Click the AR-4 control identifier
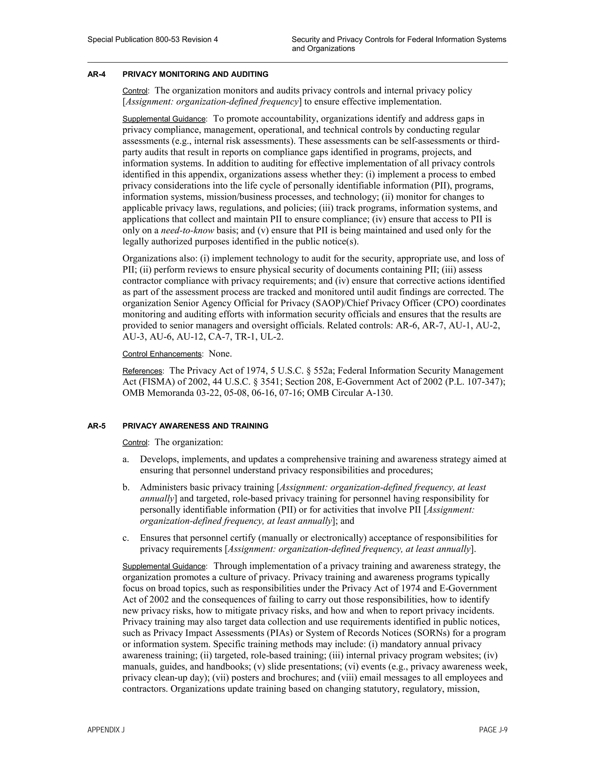pos(96,74)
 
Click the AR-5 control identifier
pos(96,426)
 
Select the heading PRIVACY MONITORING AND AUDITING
pos(195,74)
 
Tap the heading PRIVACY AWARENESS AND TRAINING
pos(195,426)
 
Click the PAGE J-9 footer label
pos(493,730)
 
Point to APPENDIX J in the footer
pos(106,730)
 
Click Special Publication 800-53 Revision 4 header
pos(153,39)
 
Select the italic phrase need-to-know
pos(187,231)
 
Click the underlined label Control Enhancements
pos(162,354)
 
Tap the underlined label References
pos(142,371)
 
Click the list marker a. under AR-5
pos(126,459)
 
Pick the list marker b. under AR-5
pos(126,488)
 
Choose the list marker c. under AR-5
pos(126,538)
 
